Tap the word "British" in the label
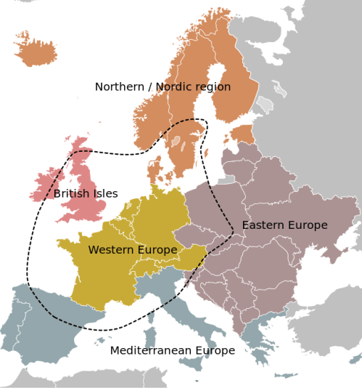coord(72,194)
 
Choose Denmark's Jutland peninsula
coord(155,169)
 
